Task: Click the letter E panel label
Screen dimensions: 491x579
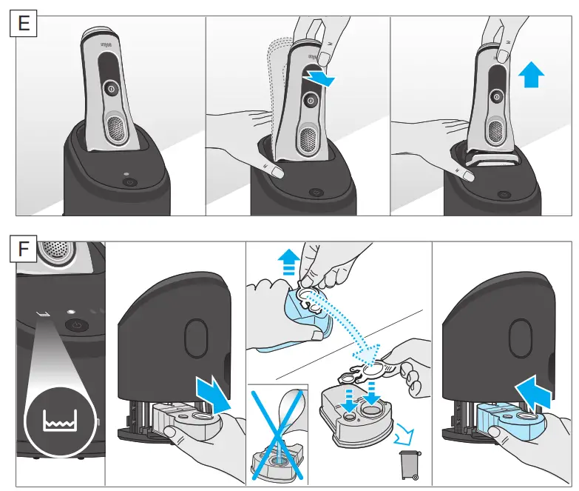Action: tap(24, 24)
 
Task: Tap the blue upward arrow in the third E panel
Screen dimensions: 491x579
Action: tap(531, 75)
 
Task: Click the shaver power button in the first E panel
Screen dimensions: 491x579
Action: tap(111, 87)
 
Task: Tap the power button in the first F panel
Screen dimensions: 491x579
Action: tap(75, 325)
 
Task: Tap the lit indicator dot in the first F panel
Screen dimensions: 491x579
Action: tap(72, 313)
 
